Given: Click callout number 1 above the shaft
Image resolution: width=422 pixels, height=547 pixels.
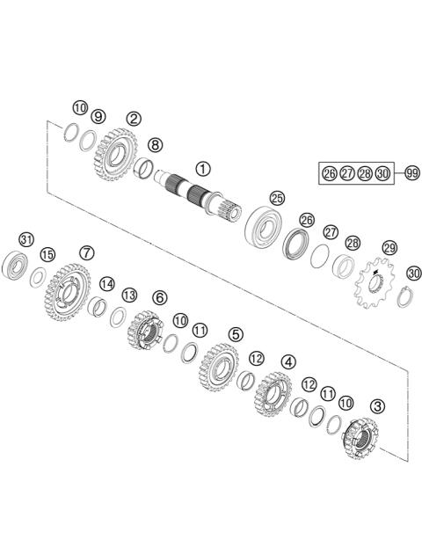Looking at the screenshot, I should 203,168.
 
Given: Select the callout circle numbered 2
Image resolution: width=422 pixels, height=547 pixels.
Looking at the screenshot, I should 134,118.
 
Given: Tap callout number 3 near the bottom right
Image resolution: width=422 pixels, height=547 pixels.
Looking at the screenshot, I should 377,406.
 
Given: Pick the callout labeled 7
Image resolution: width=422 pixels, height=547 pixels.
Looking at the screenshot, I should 86,252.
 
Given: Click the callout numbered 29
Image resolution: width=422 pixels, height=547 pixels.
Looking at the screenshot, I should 389,247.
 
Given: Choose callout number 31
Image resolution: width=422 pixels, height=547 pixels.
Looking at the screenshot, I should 26,239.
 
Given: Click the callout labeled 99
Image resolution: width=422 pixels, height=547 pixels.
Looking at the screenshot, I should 411,172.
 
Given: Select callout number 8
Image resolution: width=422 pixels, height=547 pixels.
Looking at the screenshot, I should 155,144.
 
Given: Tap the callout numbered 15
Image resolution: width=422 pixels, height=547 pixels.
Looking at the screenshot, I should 47,254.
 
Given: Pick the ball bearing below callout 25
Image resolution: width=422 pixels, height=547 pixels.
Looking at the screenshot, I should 261,225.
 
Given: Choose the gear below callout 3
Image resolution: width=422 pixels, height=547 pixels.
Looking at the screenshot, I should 360,437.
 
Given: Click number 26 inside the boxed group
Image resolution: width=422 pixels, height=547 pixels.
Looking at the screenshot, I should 330,172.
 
